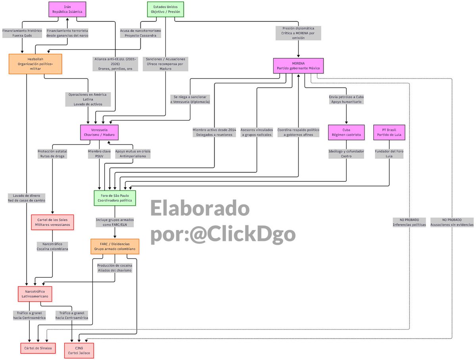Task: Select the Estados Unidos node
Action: point(165,9)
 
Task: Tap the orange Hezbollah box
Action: point(35,64)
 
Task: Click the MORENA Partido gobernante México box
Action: point(298,65)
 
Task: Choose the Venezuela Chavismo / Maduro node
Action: point(99,132)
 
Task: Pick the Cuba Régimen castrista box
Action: point(346,132)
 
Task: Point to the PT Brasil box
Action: point(389,132)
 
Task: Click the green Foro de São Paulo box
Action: point(115,198)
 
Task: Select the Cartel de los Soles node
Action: point(52,222)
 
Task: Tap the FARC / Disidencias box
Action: point(115,246)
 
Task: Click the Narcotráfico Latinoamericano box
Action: point(35,294)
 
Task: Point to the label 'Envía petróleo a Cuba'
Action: point(346,99)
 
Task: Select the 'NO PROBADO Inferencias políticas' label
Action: point(409,222)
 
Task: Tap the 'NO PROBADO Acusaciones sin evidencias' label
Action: point(452,222)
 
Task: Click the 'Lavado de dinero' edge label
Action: point(27,198)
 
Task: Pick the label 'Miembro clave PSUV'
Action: point(99,154)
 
